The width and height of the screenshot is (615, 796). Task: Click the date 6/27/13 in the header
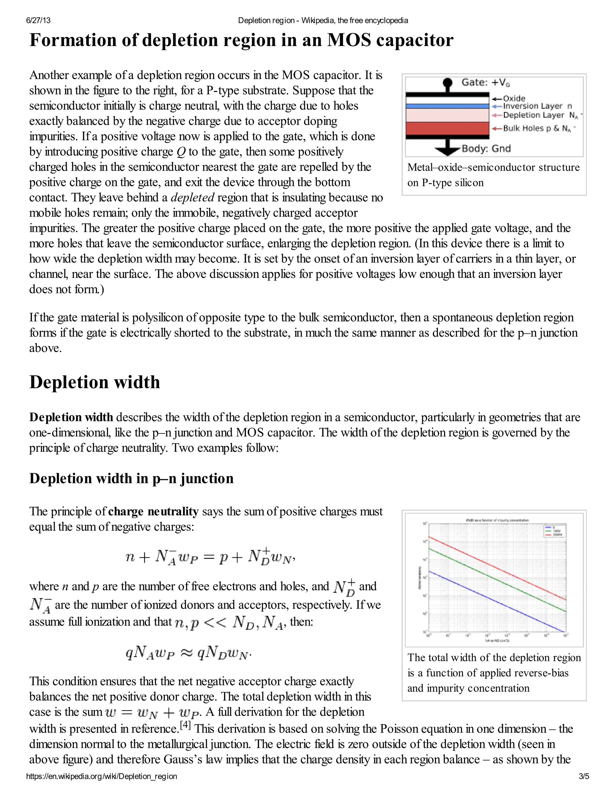tap(38, 20)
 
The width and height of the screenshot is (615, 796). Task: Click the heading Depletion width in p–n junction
tap(131, 478)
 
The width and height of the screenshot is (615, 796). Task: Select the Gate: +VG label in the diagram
tap(485, 82)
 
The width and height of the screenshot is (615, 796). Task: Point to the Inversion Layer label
tap(533, 106)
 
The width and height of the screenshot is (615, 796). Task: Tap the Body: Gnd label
tap(486, 148)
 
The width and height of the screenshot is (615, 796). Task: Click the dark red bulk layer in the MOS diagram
tap(447, 128)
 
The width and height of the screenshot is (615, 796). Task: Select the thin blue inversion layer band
tap(447, 106)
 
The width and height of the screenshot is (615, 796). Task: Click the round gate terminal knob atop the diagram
tap(447, 82)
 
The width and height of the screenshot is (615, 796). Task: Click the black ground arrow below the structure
tap(447, 149)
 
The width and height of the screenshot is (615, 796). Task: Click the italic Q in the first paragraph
tap(181, 152)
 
